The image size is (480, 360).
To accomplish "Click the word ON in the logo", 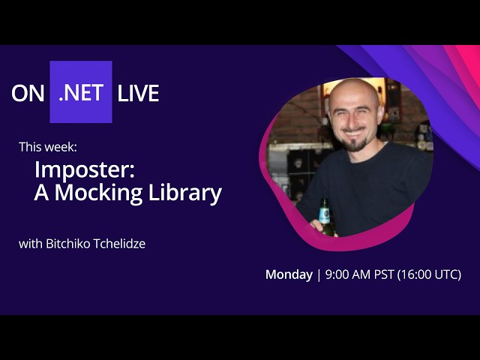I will (x=27, y=93).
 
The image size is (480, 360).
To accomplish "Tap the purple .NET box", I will (x=81, y=92).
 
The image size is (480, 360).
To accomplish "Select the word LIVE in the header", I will (x=138, y=93).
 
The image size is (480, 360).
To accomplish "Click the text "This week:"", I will (x=48, y=146).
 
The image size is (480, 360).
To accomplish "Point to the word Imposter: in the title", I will (x=84, y=169).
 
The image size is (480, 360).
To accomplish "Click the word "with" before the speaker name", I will (x=30, y=243).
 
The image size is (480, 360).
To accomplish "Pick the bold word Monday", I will (x=289, y=274).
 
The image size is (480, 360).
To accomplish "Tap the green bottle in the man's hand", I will (x=325, y=216).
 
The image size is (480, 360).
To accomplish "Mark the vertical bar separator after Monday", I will (x=319, y=274).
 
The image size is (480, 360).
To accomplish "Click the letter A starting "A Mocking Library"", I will (x=41, y=193).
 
